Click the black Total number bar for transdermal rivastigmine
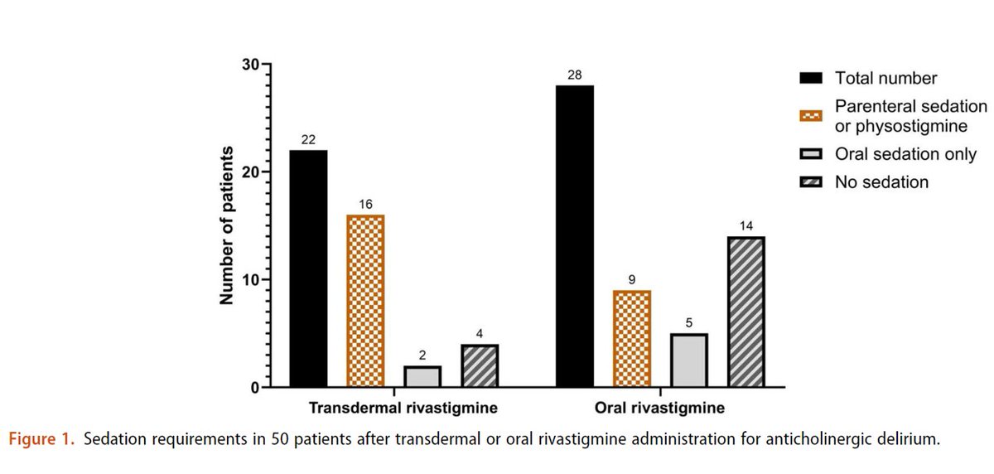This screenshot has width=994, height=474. [x=309, y=268]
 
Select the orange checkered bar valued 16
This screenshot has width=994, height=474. [x=365, y=301]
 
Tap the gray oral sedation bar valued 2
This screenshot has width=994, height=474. [x=422, y=376]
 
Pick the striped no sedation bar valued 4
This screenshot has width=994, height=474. [x=479, y=365]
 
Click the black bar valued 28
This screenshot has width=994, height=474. [x=574, y=236]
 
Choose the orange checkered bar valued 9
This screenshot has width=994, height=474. [x=631, y=338]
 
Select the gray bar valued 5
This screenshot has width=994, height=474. [x=688, y=360]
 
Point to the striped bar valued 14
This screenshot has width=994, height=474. [x=745, y=312]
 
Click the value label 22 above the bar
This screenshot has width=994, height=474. [x=309, y=141]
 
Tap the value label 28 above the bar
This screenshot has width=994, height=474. [x=574, y=75]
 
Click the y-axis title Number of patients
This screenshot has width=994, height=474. [x=226, y=226]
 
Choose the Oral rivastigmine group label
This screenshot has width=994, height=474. [x=660, y=409]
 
